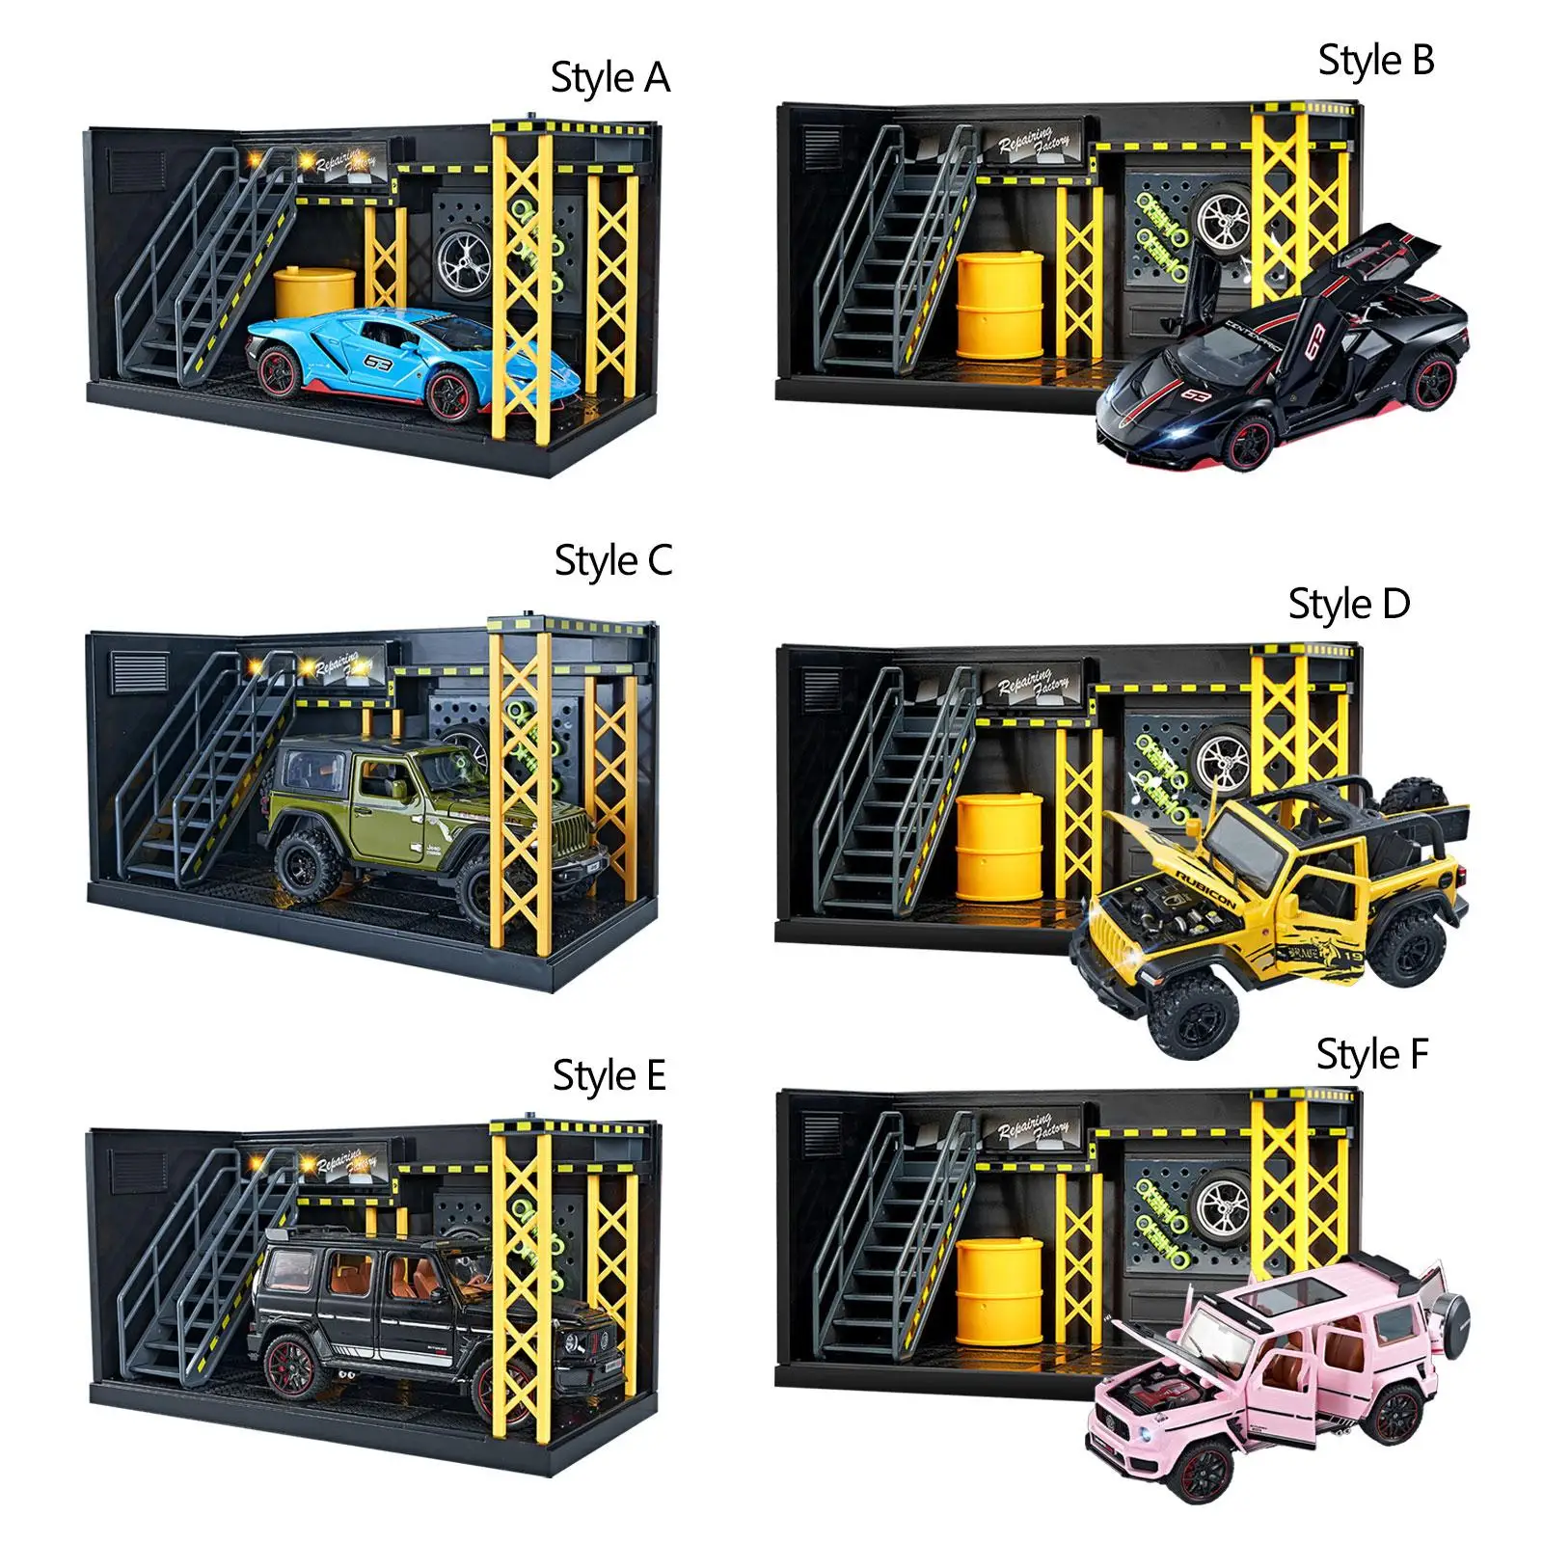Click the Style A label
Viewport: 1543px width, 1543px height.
[609, 78]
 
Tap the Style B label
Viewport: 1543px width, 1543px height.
[1376, 61]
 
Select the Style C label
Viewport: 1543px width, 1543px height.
[612, 561]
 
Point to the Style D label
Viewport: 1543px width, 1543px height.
[1348, 605]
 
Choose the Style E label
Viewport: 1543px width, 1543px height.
[609, 1076]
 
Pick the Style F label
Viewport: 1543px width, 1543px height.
[1371, 1055]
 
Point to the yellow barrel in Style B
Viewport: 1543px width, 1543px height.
[999, 304]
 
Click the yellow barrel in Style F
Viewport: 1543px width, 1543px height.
[999, 1292]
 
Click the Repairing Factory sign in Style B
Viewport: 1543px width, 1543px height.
[1034, 144]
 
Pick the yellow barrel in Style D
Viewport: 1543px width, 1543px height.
[999, 847]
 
